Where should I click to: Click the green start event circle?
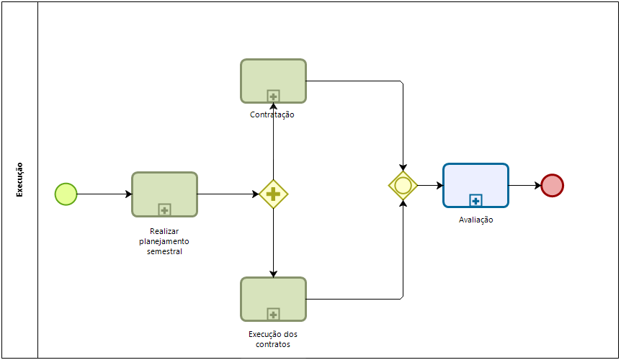click(x=66, y=194)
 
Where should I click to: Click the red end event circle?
click(x=552, y=185)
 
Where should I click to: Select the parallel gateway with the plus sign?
click(x=273, y=194)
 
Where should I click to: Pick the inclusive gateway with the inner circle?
click(x=403, y=185)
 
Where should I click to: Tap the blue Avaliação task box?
click(x=475, y=181)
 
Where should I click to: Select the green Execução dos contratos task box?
click(x=273, y=295)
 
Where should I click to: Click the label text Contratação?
click(x=272, y=114)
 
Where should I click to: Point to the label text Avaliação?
click(x=475, y=220)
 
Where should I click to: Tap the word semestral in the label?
click(x=164, y=251)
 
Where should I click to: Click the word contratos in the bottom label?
click(x=273, y=344)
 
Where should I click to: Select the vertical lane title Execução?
click(x=19, y=179)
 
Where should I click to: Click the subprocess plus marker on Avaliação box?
click(x=475, y=200)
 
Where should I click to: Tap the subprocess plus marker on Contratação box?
click(x=273, y=96)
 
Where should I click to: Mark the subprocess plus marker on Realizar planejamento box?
click(x=164, y=210)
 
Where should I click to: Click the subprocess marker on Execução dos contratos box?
click(x=273, y=314)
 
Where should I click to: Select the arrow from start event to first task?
click(x=104, y=194)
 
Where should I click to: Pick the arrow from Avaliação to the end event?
click(x=525, y=185)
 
